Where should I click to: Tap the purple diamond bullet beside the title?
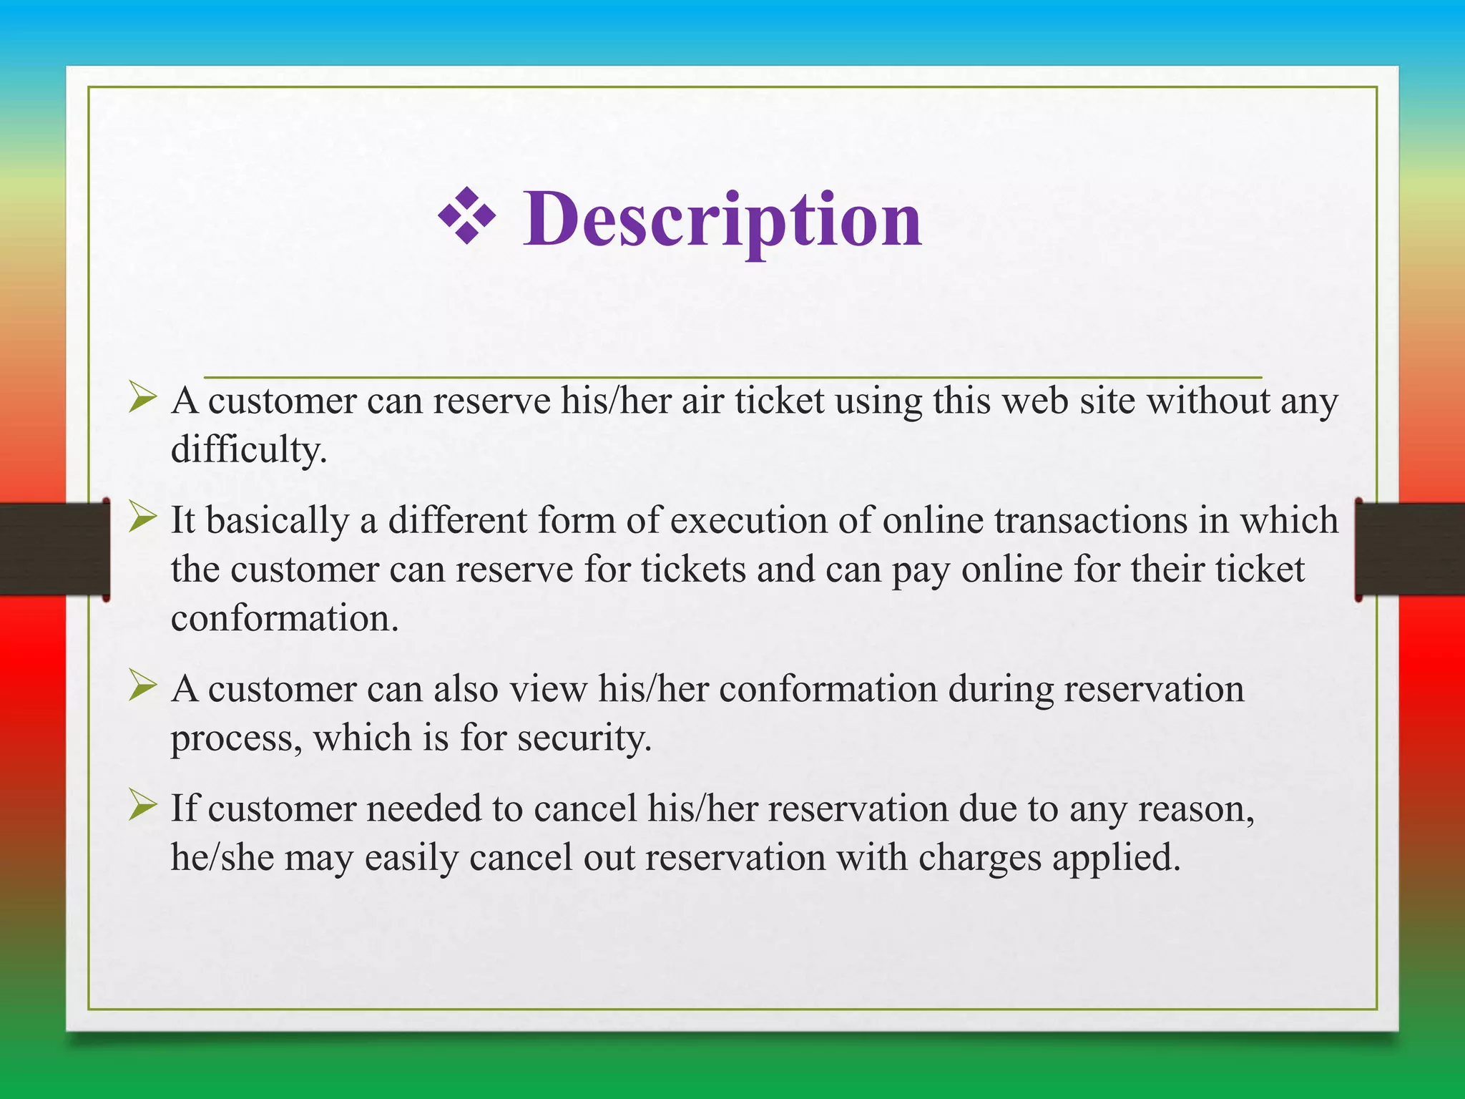pyautogui.click(x=467, y=215)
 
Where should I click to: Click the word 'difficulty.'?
pyautogui.click(x=249, y=451)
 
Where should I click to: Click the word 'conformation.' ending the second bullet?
pyautogui.click(x=285, y=618)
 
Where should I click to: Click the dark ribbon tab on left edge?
pyautogui.click(x=54, y=549)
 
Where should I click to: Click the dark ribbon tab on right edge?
pyautogui.click(x=1409, y=549)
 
